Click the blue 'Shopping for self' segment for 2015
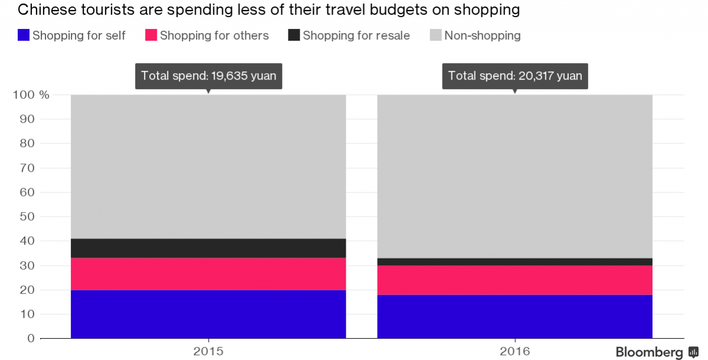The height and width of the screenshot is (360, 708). [208, 314]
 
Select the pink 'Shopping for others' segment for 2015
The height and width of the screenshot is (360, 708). [208, 274]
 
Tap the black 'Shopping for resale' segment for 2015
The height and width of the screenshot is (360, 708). [208, 248]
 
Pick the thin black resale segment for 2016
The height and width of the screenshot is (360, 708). [514, 261]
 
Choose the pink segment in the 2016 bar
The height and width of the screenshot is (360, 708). [514, 280]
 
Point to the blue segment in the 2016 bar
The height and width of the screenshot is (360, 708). [514, 316]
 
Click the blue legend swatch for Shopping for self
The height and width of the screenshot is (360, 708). [24, 35]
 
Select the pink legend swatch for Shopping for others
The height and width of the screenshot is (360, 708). [151, 35]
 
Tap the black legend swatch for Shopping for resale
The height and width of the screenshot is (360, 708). [294, 35]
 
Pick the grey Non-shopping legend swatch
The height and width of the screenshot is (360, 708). [435, 35]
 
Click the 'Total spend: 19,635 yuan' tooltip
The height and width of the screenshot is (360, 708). [208, 76]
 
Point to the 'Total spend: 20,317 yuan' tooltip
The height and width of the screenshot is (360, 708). [514, 76]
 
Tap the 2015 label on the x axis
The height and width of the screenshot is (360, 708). [208, 351]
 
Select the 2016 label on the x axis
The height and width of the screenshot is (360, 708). [514, 351]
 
